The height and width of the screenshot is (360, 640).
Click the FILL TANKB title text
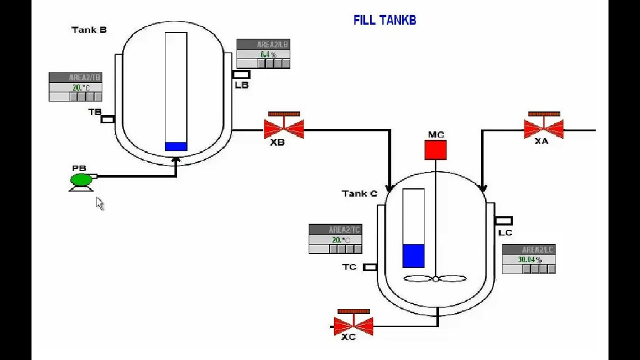[x=384, y=20]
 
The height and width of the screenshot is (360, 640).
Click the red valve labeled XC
[x=353, y=325]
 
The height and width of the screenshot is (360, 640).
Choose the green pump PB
[x=81, y=180]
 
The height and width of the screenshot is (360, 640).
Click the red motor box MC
[x=435, y=150]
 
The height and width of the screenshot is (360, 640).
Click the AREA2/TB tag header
[x=75, y=77]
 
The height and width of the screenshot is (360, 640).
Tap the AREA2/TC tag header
[x=335, y=230]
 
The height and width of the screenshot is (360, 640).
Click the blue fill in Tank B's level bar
[x=176, y=146]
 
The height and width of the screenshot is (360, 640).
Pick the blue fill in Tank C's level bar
[x=413, y=256]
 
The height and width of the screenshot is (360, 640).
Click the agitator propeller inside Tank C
[x=435, y=279]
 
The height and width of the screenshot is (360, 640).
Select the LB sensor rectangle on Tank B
[x=241, y=74]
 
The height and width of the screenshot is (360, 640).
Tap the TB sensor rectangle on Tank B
[x=107, y=119]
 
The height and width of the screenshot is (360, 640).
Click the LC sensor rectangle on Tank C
[x=503, y=220]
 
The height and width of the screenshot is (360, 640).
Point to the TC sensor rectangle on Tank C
[x=370, y=267]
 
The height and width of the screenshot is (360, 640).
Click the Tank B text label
[x=89, y=30]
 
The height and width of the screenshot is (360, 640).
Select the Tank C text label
[x=359, y=193]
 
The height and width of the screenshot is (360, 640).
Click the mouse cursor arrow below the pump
[x=99, y=203]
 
